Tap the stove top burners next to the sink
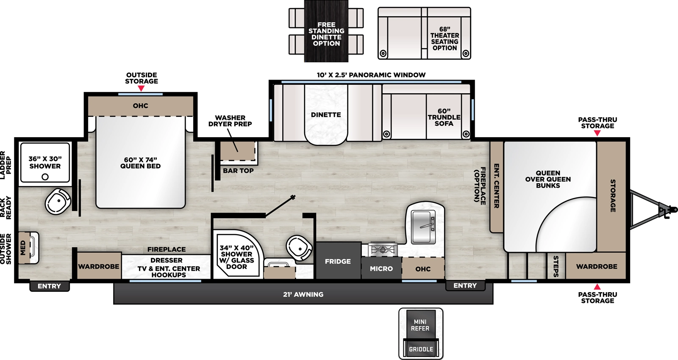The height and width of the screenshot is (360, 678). pyautogui.click(x=383, y=249)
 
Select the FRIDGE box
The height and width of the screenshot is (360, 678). pyautogui.click(x=338, y=261)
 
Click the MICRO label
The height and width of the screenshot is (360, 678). pyautogui.click(x=381, y=269)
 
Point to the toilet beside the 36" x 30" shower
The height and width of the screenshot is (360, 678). pyautogui.click(x=58, y=202)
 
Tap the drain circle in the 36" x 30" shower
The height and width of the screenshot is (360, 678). pyautogui.click(x=45, y=177)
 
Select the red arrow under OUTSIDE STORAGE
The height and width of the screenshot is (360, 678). pyautogui.click(x=141, y=89)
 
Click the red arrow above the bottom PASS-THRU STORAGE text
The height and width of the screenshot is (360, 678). pyautogui.click(x=597, y=287)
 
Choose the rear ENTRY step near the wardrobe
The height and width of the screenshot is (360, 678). pyautogui.click(x=49, y=286)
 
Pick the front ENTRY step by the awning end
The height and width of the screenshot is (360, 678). pyautogui.click(x=465, y=286)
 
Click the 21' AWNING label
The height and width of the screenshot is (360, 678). pyautogui.click(x=303, y=294)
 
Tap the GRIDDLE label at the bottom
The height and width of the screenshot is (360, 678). pyautogui.click(x=421, y=349)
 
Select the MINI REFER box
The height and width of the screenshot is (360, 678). pyautogui.click(x=420, y=325)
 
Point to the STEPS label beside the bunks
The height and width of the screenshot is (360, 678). pyautogui.click(x=556, y=266)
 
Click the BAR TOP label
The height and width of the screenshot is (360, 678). pyautogui.click(x=238, y=171)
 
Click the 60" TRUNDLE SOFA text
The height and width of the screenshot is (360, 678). pyautogui.click(x=444, y=117)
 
